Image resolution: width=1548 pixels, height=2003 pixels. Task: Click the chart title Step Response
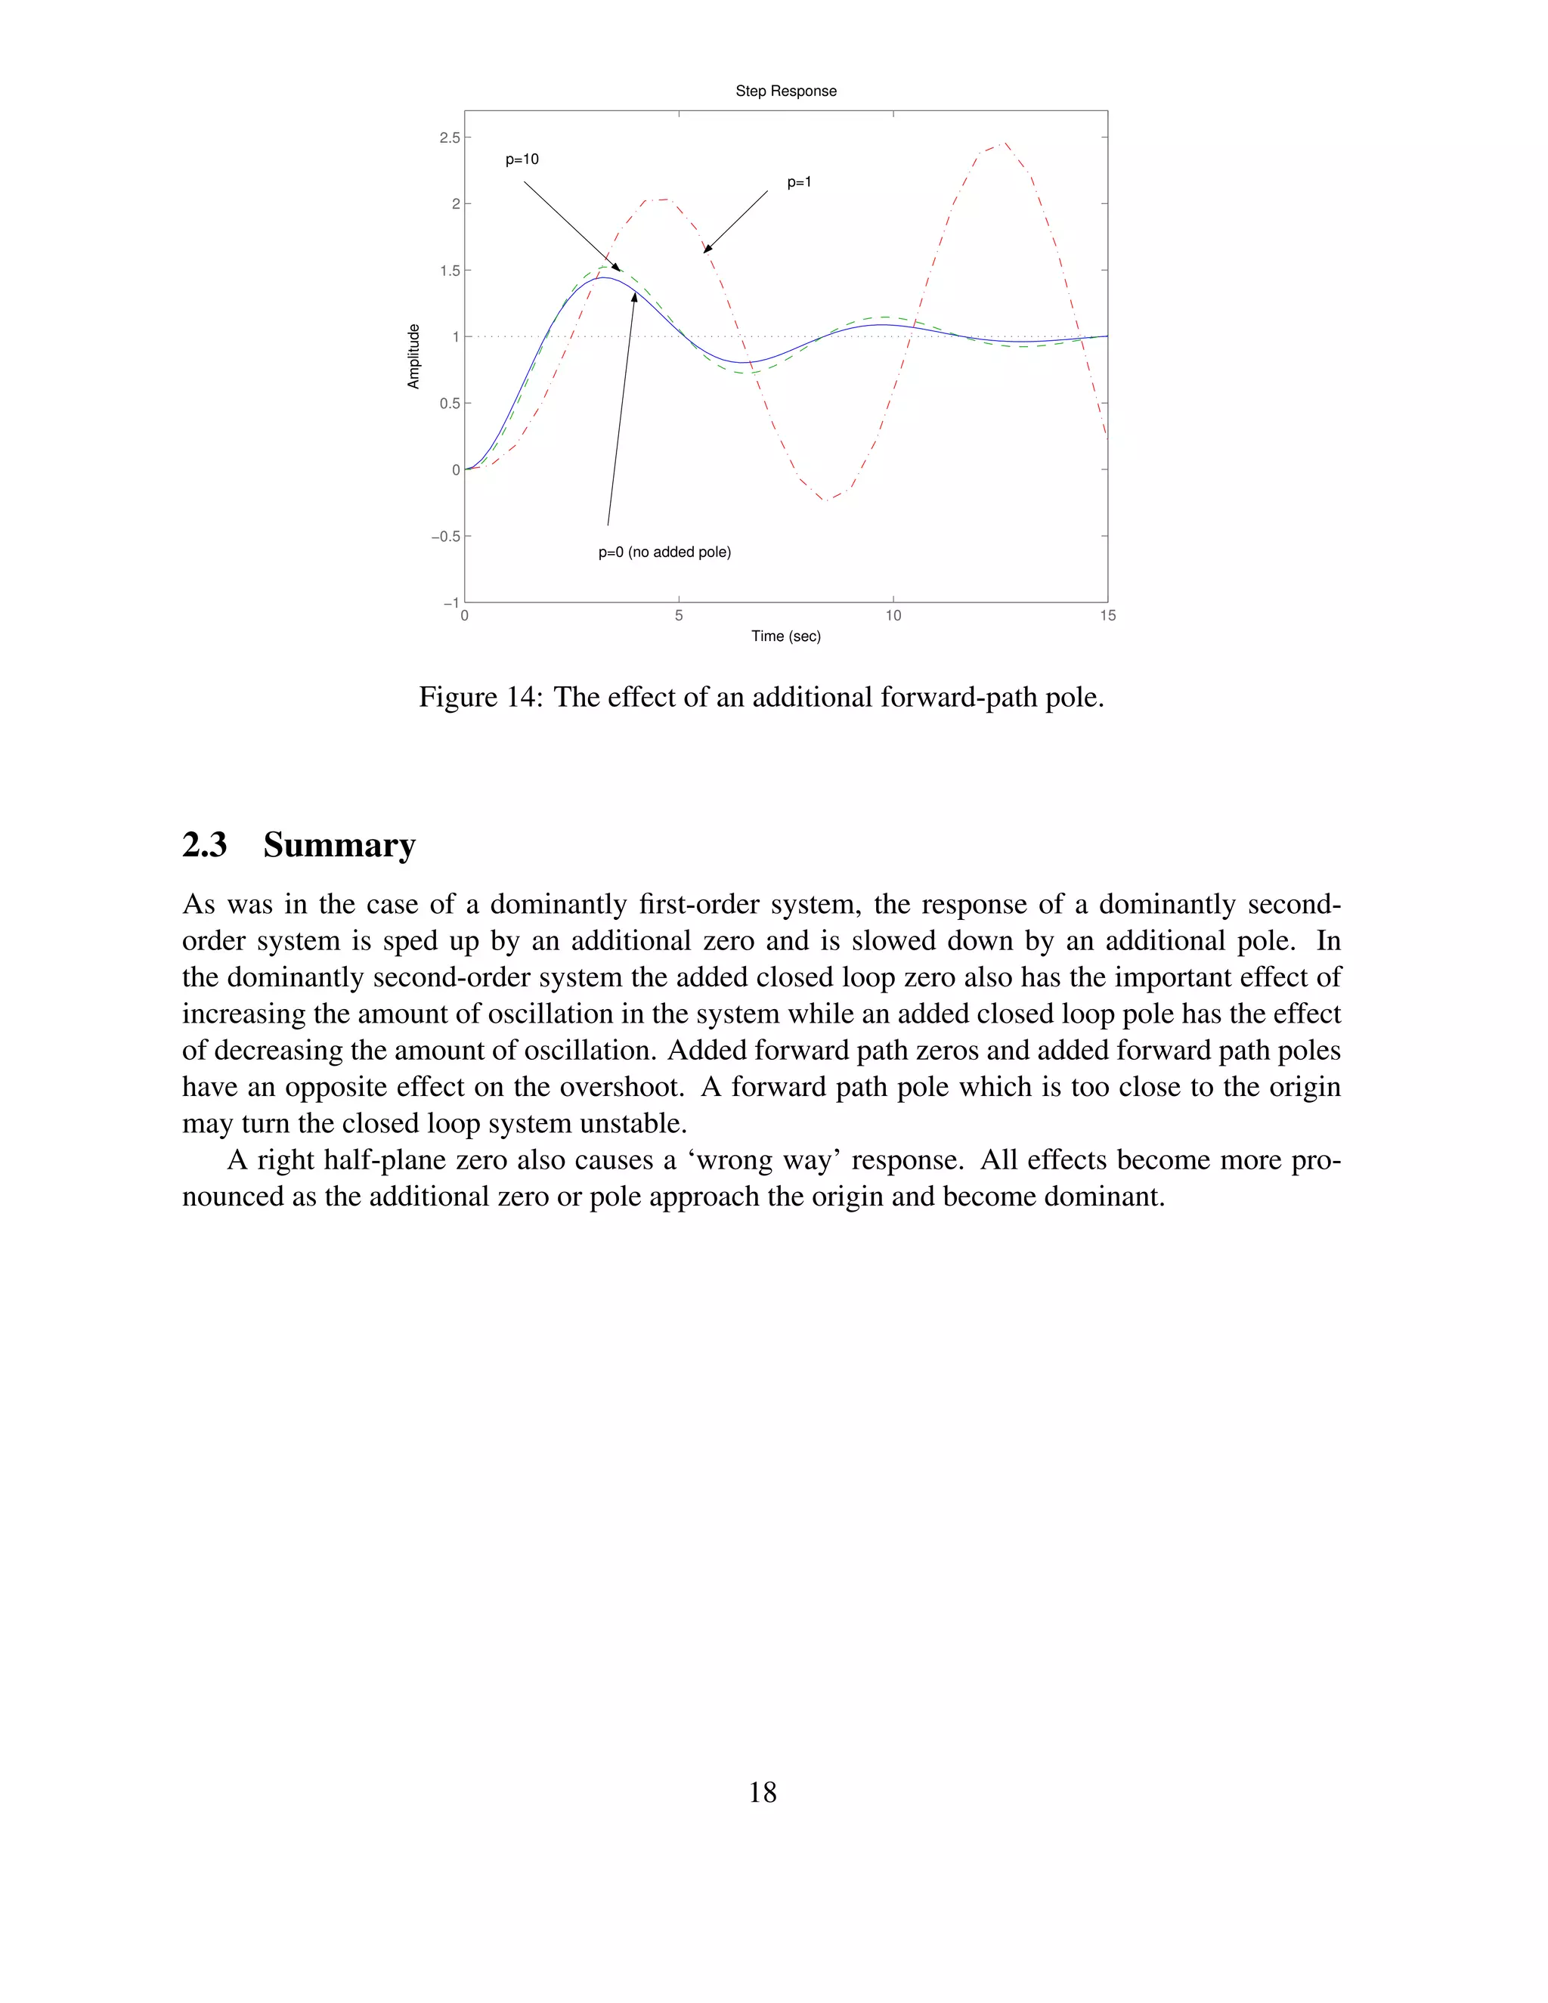[785, 91]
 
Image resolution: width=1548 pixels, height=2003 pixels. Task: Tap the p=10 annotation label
[522, 159]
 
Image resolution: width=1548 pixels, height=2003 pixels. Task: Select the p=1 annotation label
[799, 182]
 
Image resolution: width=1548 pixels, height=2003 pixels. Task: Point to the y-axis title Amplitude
[413, 357]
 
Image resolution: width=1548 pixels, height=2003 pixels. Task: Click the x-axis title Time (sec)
[785, 636]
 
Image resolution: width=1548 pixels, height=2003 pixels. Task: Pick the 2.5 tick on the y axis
[450, 138]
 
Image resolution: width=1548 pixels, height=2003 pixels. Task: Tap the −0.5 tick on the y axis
[446, 537]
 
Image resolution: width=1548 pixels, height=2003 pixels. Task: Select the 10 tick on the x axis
[893, 615]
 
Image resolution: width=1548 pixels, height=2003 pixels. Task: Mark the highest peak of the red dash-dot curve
[1005, 143]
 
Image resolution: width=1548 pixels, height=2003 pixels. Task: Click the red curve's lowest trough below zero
[827, 500]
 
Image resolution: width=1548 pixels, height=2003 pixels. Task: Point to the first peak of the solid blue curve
[605, 277]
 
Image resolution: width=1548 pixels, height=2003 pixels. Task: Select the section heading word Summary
[339, 845]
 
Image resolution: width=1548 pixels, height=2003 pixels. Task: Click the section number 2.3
[205, 845]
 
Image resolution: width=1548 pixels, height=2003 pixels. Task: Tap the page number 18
[762, 1791]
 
